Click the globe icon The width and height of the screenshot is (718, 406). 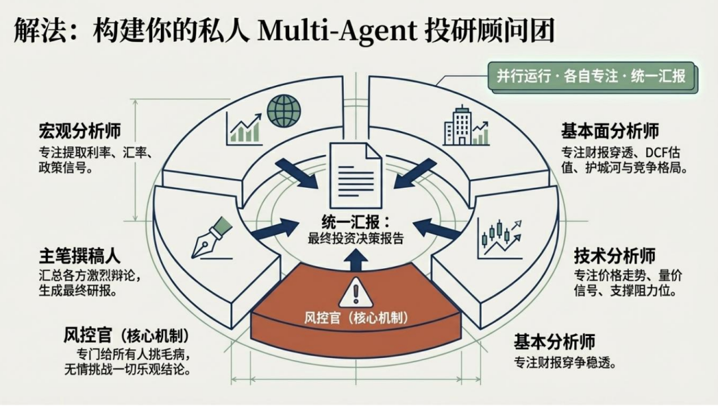pos(283,111)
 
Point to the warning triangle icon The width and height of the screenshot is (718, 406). pos(356,292)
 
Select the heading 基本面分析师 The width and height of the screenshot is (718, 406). pos(610,129)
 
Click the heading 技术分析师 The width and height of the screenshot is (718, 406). pos(614,256)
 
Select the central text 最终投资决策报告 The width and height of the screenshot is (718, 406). pos(356,238)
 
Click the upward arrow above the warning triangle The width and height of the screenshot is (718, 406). pos(356,262)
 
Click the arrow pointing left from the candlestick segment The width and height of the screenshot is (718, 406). pos(438,229)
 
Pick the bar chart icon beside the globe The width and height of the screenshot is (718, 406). pos(243,127)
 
